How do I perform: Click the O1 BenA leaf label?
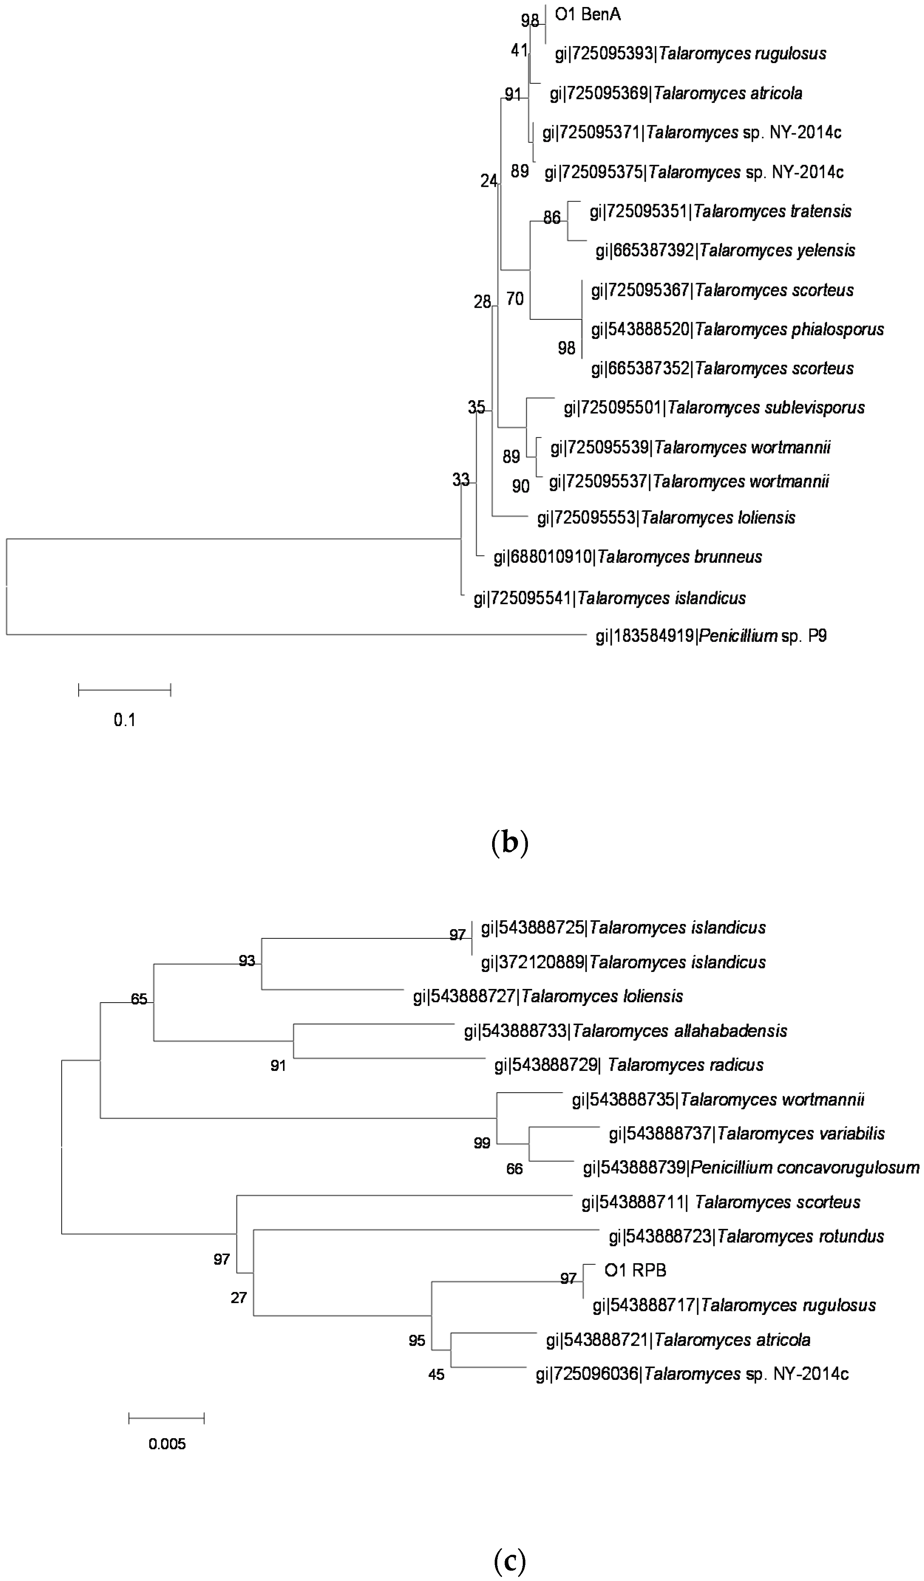pyautogui.click(x=587, y=14)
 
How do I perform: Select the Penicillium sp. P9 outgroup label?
pyautogui.click(x=710, y=636)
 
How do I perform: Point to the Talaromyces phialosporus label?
pyautogui.click(x=737, y=329)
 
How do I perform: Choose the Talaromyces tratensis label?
pyautogui.click(x=720, y=212)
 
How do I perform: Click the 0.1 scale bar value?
pyautogui.click(x=124, y=719)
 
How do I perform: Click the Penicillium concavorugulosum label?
pyautogui.click(x=751, y=1168)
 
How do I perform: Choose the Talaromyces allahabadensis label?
pyautogui.click(x=625, y=1031)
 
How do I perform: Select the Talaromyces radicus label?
pyautogui.click(x=629, y=1065)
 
